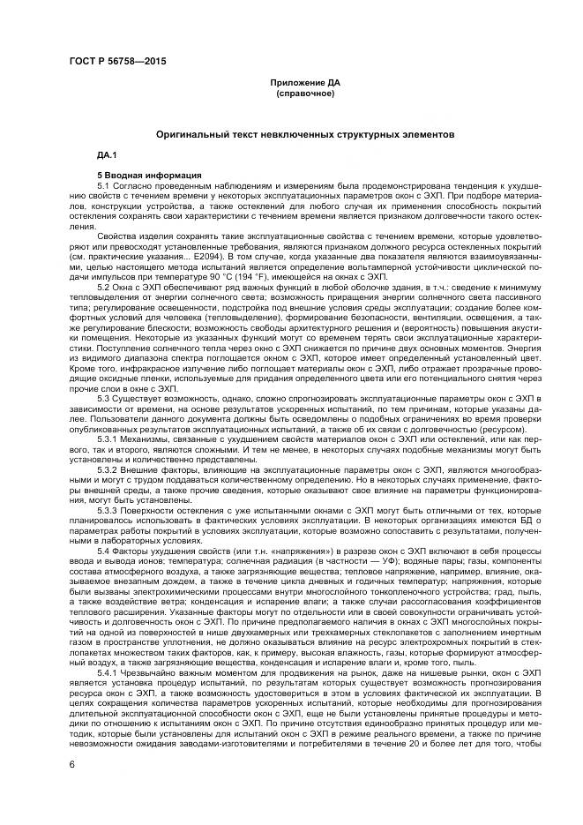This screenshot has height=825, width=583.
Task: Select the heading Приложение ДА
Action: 305,83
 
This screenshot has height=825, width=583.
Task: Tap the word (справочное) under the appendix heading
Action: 305,93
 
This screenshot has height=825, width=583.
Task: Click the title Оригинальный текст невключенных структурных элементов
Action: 305,136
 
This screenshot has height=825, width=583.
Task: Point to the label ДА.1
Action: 107,155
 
